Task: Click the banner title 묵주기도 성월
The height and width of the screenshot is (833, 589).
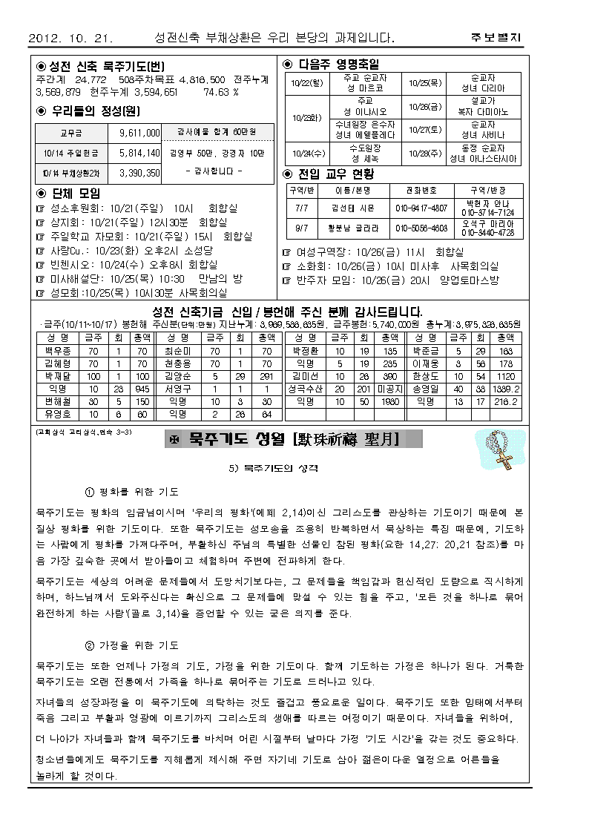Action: pyautogui.click(x=293, y=441)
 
